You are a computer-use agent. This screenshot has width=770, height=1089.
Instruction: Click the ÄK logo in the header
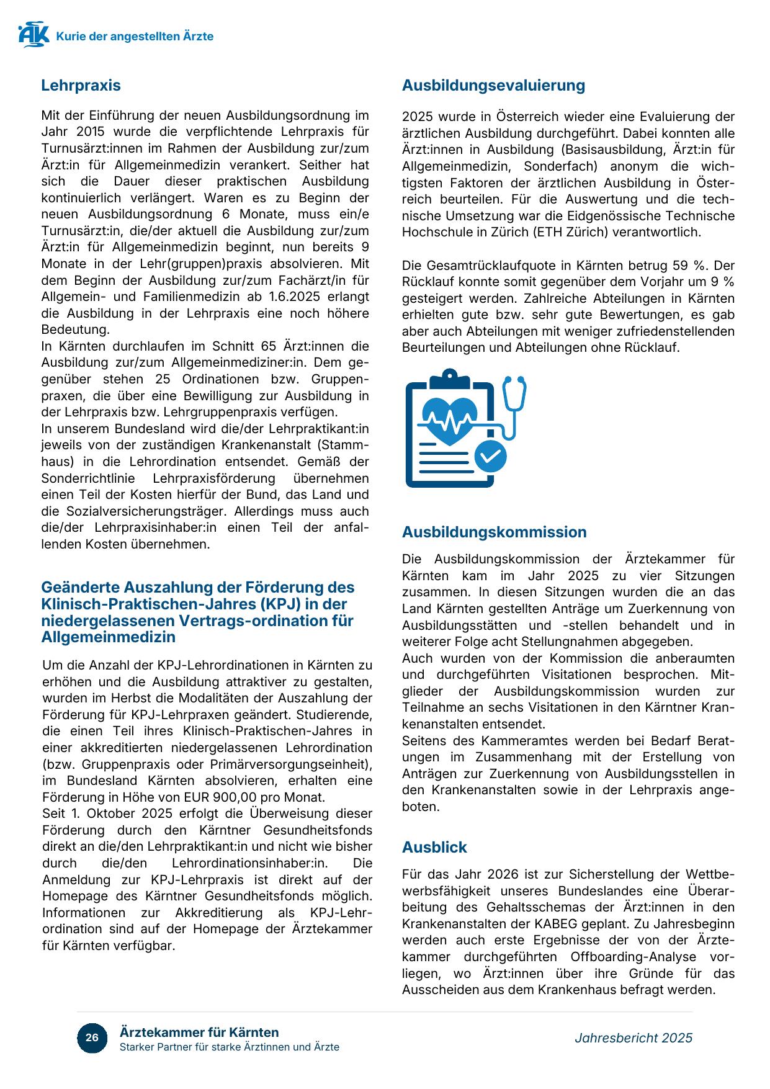click(34, 35)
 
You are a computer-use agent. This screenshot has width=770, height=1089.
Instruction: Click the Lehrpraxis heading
click(81, 86)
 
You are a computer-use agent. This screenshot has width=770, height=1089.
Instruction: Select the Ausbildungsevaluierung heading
click(493, 86)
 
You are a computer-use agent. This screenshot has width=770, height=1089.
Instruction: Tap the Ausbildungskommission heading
click(494, 532)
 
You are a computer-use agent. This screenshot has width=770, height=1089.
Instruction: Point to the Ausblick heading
click(434, 847)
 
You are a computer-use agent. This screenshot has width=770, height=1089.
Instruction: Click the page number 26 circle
click(92, 1038)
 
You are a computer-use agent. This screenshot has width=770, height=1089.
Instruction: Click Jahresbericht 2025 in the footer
click(633, 1038)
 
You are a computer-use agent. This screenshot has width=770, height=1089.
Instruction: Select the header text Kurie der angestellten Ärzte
click(135, 37)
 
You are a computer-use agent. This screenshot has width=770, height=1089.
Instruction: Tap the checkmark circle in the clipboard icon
click(491, 456)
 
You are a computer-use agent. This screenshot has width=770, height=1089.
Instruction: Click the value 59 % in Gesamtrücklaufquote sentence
click(689, 266)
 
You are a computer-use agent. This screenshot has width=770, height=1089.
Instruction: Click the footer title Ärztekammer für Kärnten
click(199, 1033)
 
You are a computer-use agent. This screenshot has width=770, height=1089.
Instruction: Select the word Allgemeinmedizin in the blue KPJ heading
click(109, 637)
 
